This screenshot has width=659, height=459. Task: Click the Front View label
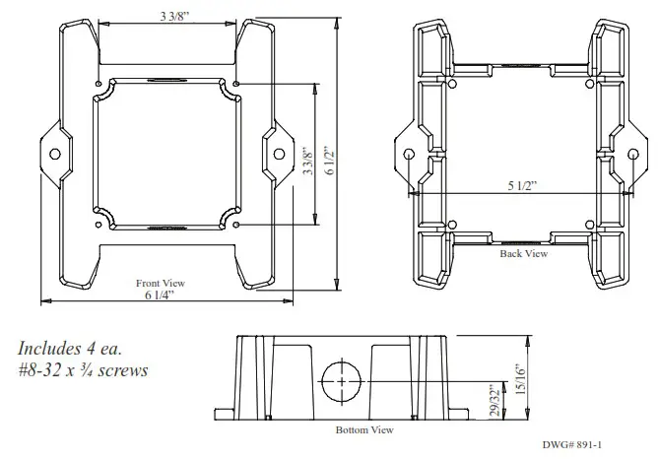tap(160, 283)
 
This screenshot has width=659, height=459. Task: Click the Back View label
tap(522, 253)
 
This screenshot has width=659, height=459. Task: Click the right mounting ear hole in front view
tap(279, 154)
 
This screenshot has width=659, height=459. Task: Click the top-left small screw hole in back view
tap(452, 85)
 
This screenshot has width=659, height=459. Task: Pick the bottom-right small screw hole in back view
tap(588, 225)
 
